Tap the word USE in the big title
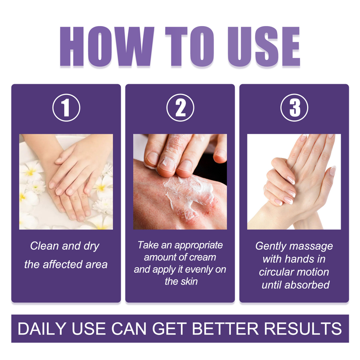tap(264, 46)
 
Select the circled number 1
tap(66, 108)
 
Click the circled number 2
tap(180, 108)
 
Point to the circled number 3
tap(294, 108)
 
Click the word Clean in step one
tap(44, 246)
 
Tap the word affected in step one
tap(63, 264)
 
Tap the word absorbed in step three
tap(307, 285)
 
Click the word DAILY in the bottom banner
tap(42, 328)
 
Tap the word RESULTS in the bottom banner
tap(303, 328)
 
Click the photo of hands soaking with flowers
tap(66, 182)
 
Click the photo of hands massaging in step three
tap(294, 182)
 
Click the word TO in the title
tap(189, 46)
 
